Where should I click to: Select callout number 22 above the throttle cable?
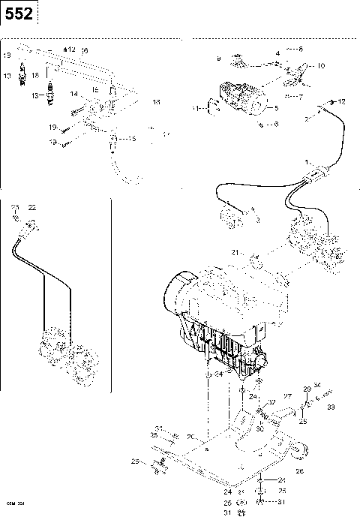(x=31, y=206)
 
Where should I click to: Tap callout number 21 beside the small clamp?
(x=235, y=254)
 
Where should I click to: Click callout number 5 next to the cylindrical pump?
(x=276, y=108)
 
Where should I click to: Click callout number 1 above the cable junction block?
(x=306, y=162)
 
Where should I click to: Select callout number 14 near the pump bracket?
(x=73, y=94)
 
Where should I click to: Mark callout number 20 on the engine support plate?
(x=191, y=436)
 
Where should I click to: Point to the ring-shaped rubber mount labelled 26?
(x=300, y=452)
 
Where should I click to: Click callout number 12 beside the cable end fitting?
(x=341, y=101)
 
